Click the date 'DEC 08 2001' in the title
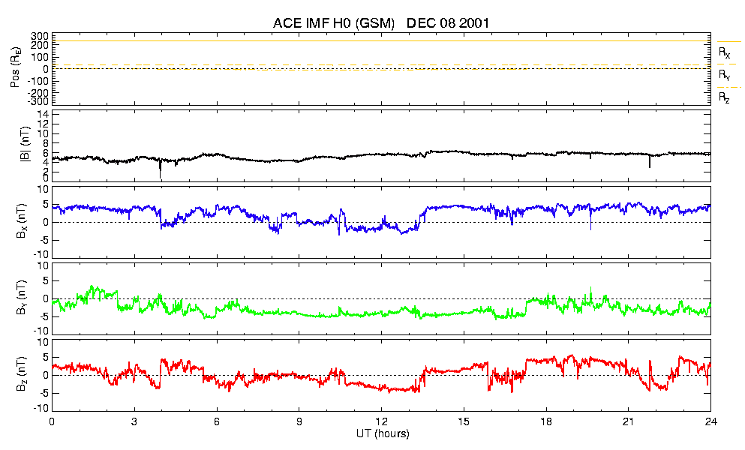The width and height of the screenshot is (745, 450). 448,23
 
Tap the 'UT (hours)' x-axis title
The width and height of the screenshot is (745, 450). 382,434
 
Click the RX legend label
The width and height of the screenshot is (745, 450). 724,53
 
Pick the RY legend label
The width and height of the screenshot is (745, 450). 724,76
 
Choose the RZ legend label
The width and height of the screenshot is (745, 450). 724,98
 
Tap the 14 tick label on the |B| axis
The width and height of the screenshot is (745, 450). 44,114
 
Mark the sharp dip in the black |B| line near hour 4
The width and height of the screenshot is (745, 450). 160,172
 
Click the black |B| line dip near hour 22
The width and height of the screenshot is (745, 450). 650,163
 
